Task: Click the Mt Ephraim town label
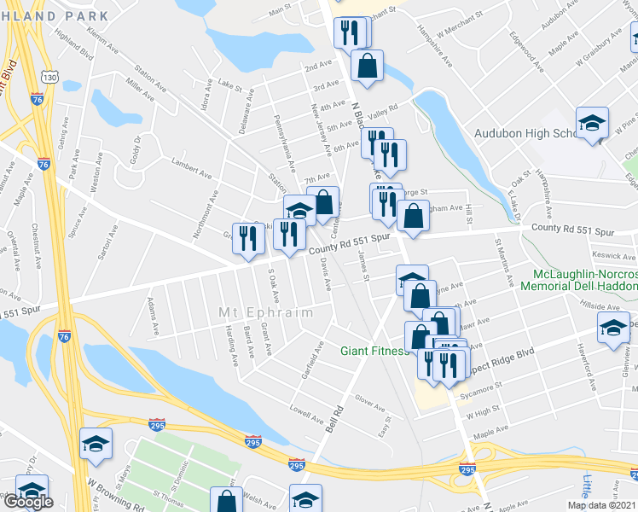coord(266,313)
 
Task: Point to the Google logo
coord(28,502)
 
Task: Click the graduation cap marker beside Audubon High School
coord(592,124)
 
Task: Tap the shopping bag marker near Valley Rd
coord(367,66)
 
